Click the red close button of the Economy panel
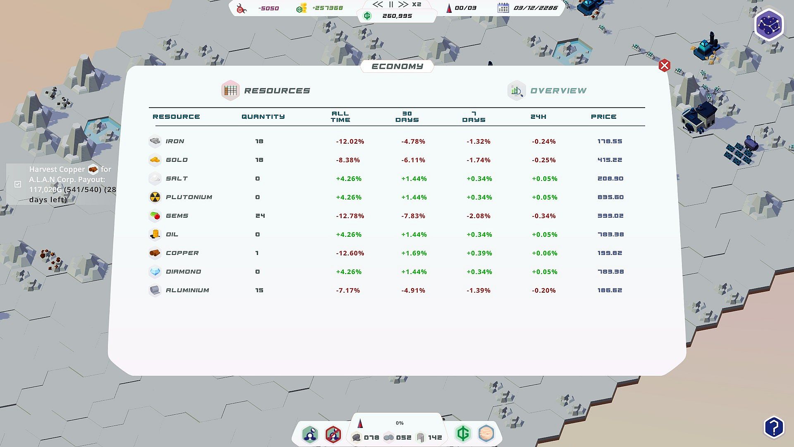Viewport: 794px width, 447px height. tap(664, 65)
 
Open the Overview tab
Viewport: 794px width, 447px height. tap(558, 91)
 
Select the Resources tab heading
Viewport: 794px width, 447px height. tap(277, 91)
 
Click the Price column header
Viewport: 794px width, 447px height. tap(603, 117)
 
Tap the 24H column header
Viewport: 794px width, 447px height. tap(538, 117)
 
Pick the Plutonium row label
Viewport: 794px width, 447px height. tap(189, 197)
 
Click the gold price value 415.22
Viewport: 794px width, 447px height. tap(610, 160)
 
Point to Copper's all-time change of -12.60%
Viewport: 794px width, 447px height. tap(350, 253)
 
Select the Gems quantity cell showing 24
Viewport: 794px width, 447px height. tap(260, 216)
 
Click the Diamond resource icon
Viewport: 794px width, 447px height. tap(155, 272)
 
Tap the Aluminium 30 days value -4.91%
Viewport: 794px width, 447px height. tap(413, 290)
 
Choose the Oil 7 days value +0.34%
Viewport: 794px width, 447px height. tap(479, 234)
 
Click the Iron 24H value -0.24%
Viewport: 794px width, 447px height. tap(543, 141)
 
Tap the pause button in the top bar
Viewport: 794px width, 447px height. tap(391, 5)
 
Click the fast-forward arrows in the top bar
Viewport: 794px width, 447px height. tap(403, 5)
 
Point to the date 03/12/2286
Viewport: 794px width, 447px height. tap(535, 8)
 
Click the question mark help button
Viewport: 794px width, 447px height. tap(774, 427)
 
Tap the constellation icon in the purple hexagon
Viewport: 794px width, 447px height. tap(769, 24)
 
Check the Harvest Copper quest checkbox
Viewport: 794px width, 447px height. tap(18, 184)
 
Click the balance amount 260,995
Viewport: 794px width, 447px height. tap(397, 16)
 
